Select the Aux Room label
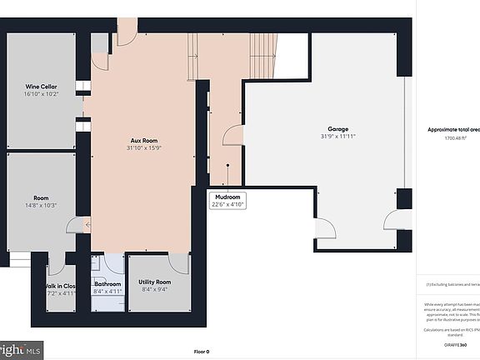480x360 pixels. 143,141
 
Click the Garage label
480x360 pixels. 337,129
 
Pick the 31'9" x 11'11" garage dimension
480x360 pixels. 337,137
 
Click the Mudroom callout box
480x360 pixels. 227,201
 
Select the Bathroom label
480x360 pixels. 107,284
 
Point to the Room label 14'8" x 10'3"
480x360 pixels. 40,202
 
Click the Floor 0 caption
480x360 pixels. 202,351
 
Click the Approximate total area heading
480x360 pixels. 453,130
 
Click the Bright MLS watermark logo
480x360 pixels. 20,350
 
